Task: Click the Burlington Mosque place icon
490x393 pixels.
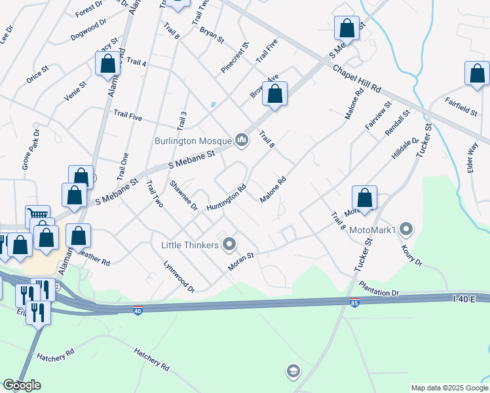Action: [242, 140]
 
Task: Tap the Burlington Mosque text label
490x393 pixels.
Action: [193, 141]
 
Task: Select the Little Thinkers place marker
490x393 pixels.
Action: [229, 245]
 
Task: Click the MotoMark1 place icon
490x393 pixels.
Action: [407, 230]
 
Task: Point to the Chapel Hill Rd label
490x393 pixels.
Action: [357, 78]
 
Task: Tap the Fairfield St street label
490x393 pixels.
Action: [462, 106]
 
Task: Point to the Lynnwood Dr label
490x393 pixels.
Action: [179, 278]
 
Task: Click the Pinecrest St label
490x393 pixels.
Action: [236, 58]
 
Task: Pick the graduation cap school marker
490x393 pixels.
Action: [293, 372]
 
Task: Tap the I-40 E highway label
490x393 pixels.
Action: [466, 298]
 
